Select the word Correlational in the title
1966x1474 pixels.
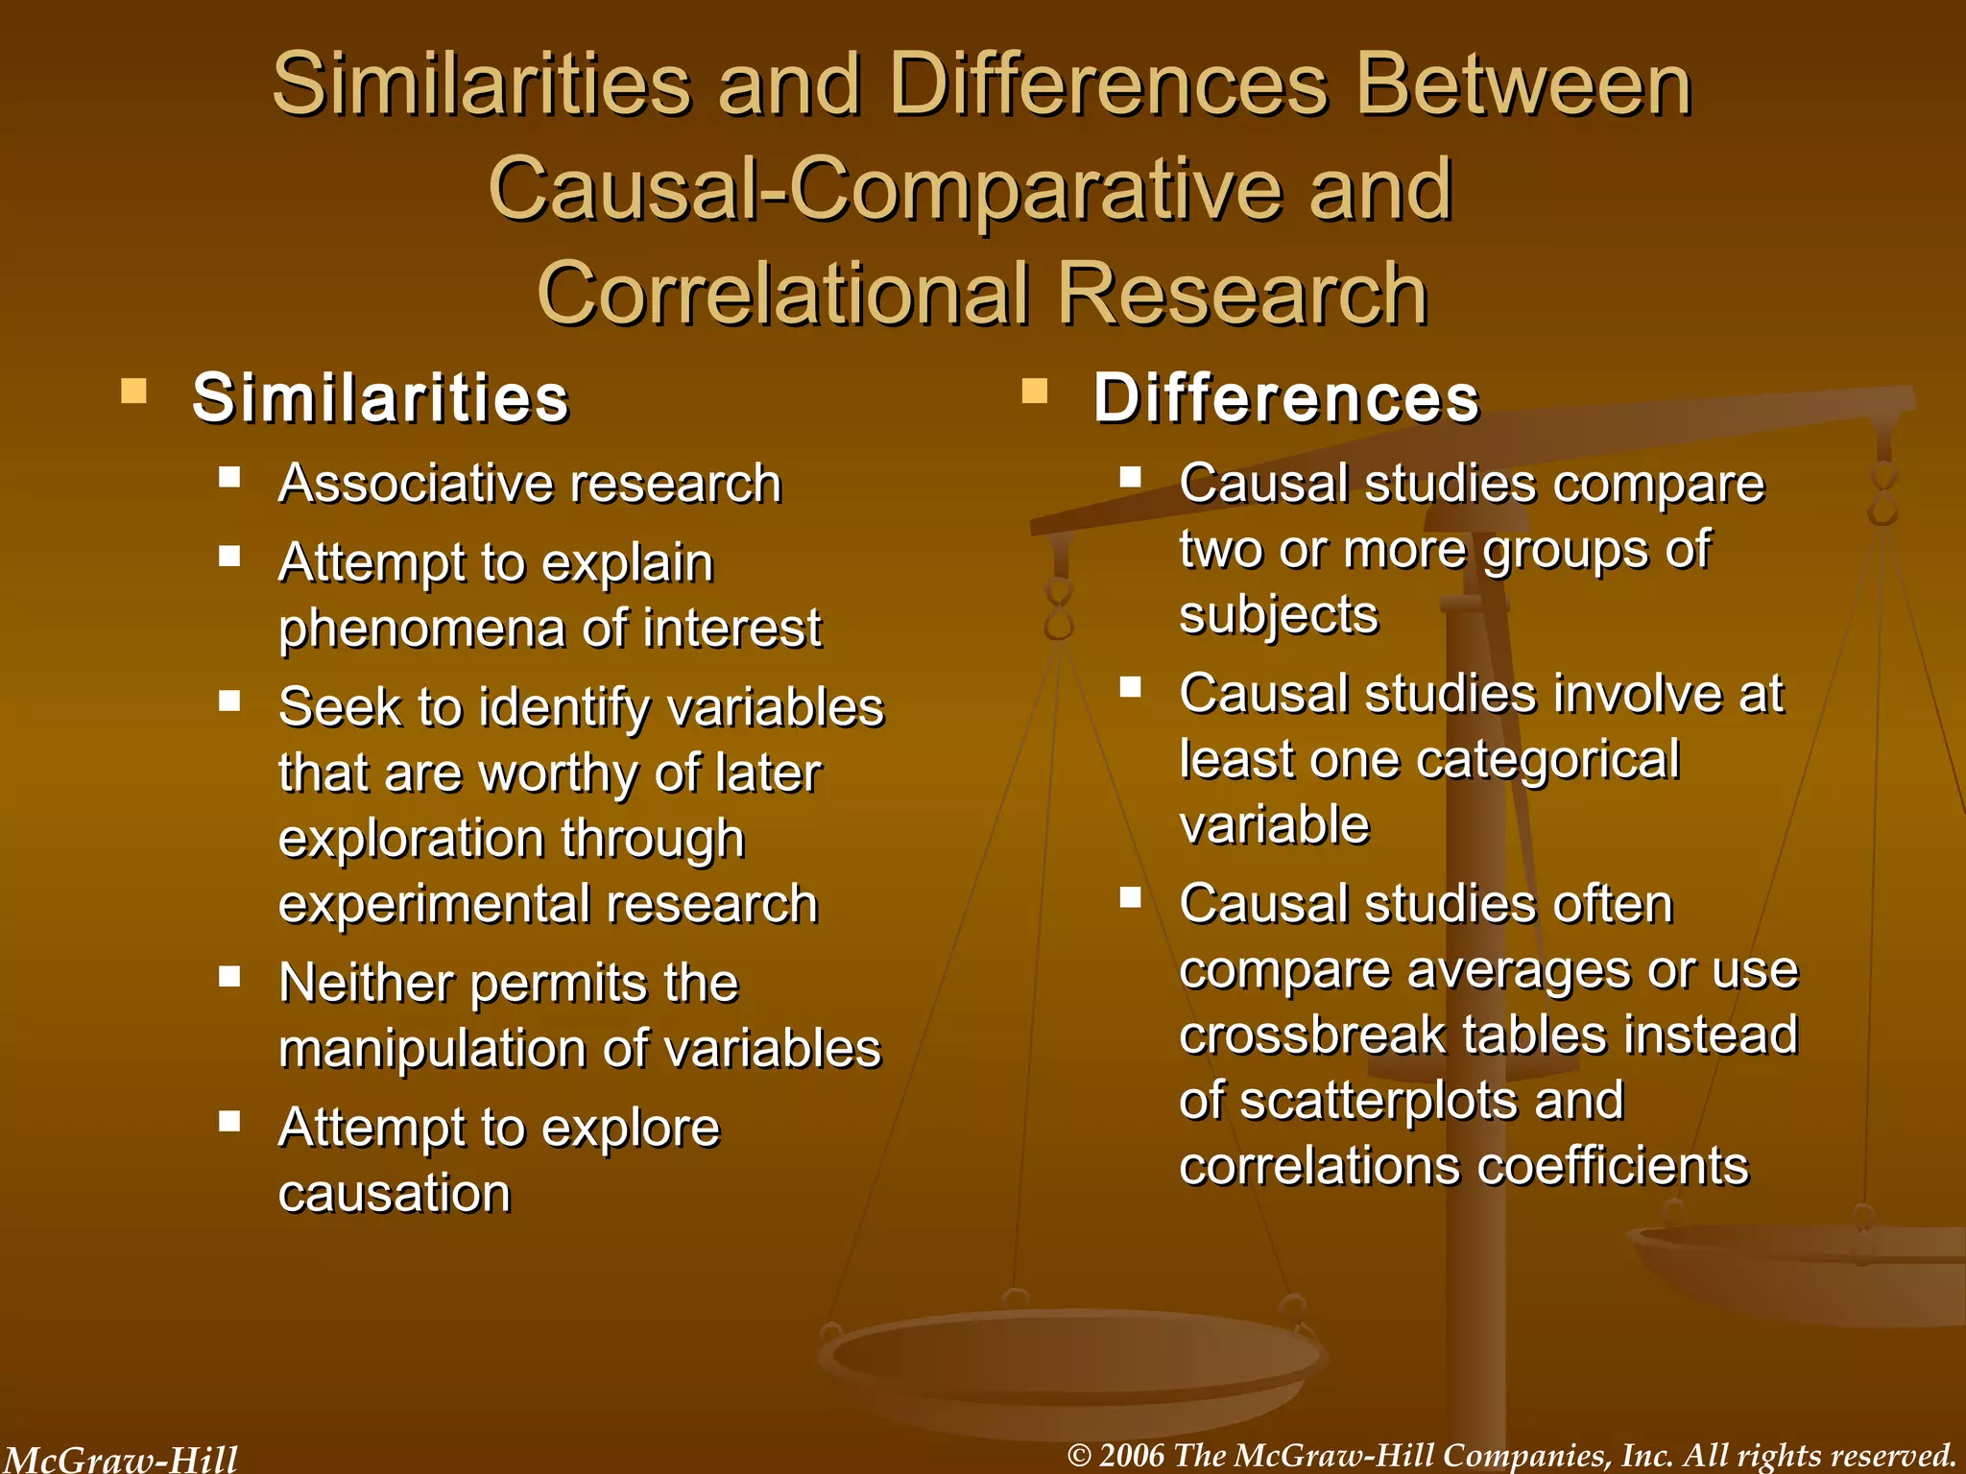point(783,294)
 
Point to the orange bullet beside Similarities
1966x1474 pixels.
point(133,391)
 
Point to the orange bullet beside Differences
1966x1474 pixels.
point(1034,391)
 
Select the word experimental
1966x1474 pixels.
point(430,904)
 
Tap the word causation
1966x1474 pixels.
point(394,1194)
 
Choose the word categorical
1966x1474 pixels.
point(1547,760)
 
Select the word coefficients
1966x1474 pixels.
point(1613,1167)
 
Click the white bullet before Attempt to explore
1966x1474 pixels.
point(229,1121)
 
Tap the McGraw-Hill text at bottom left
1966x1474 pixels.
point(120,1460)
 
